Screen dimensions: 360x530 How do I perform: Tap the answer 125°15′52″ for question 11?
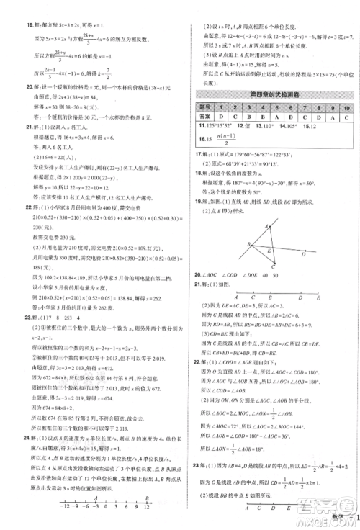click(216, 125)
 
